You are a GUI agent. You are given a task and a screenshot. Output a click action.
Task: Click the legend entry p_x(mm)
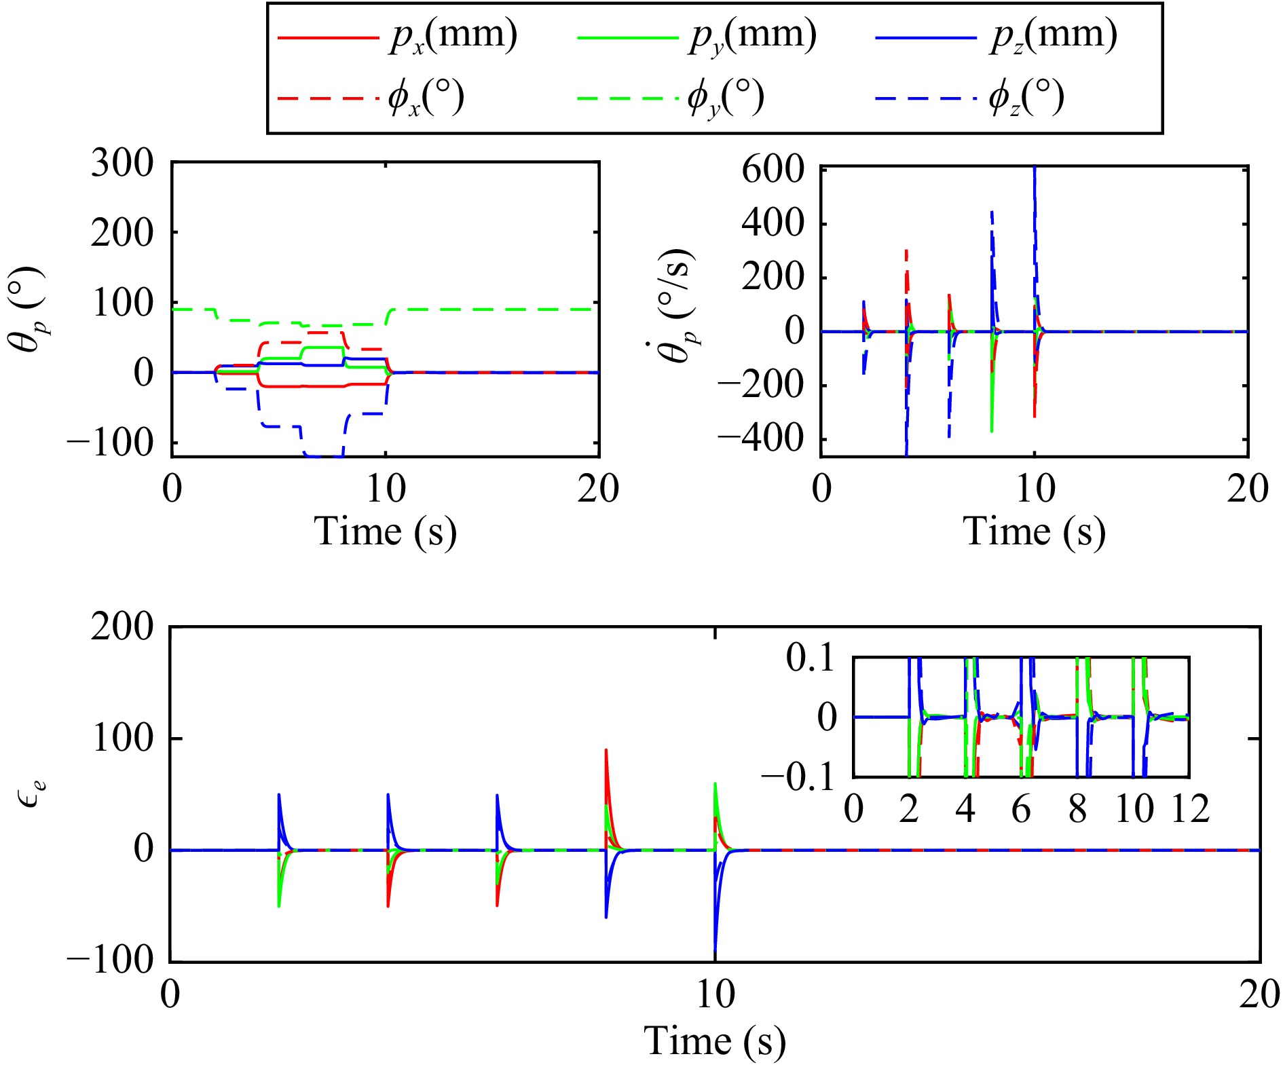point(398,35)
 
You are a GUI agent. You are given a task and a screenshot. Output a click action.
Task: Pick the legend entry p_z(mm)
point(997,35)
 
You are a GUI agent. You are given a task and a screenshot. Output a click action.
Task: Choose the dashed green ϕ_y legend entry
point(671,97)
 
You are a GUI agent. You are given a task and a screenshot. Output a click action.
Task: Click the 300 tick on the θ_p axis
point(123,163)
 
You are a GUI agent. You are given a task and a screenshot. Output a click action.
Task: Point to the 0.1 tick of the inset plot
point(811,658)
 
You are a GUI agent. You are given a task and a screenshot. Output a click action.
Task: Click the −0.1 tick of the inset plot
point(798,777)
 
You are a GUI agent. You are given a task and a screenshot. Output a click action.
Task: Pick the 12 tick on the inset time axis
point(1189,809)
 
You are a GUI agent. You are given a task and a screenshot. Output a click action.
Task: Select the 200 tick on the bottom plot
point(123,626)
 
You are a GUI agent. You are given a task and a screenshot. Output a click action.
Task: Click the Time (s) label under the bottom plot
point(714,1041)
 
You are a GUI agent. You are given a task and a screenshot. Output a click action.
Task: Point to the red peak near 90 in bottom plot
point(606,751)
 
